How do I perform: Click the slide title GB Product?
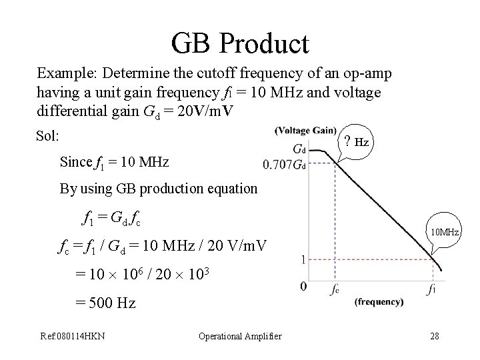point(240,43)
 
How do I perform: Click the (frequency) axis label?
point(378,302)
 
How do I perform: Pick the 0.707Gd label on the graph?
point(285,163)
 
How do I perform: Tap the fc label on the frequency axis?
point(336,291)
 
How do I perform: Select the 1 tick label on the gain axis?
point(304,260)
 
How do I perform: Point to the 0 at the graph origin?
point(304,287)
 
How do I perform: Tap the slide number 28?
point(435,336)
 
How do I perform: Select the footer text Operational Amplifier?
point(240,336)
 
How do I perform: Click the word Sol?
point(49,136)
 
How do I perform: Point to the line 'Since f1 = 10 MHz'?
point(114,162)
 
